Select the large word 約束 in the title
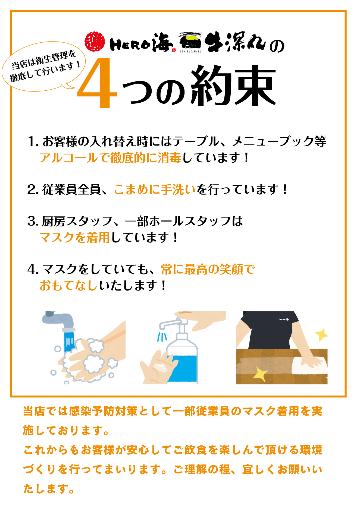tap(233, 86)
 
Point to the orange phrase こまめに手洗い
tap(155, 189)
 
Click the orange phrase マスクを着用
tap(75, 237)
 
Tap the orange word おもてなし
tap(68, 285)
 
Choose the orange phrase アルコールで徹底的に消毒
tap(110, 157)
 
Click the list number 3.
tap(33, 221)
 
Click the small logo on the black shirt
tap(284, 319)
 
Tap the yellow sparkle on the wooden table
tap(260, 374)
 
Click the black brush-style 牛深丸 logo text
tap(235, 42)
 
